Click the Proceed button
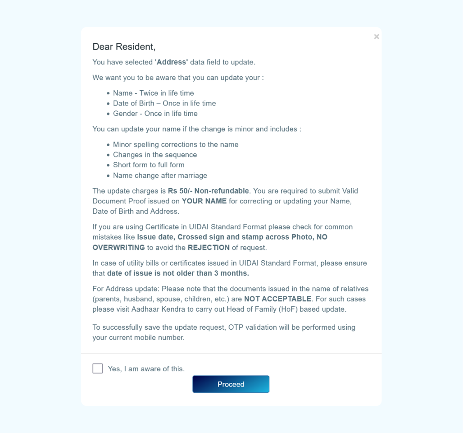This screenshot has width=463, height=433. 231,384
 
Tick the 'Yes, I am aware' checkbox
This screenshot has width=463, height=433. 97,369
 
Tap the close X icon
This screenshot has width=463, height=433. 377,37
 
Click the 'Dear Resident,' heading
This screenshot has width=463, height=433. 124,46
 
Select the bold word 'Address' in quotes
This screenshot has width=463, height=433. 171,62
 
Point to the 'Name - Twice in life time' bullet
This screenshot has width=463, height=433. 153,93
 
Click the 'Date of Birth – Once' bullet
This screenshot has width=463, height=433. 164,103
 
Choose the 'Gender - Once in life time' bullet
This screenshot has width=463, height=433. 155,114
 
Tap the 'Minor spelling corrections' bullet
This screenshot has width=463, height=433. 176,144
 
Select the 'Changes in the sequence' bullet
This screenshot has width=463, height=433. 155,155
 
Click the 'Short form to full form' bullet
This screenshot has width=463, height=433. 149,165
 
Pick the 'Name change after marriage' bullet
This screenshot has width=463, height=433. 160,175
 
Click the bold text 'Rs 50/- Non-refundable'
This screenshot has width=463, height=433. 208,191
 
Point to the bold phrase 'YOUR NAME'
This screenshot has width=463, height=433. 204,201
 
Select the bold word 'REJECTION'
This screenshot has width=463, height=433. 209,248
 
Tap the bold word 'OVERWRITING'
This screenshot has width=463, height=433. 119,248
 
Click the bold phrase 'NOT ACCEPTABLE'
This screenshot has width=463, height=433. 277,299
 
